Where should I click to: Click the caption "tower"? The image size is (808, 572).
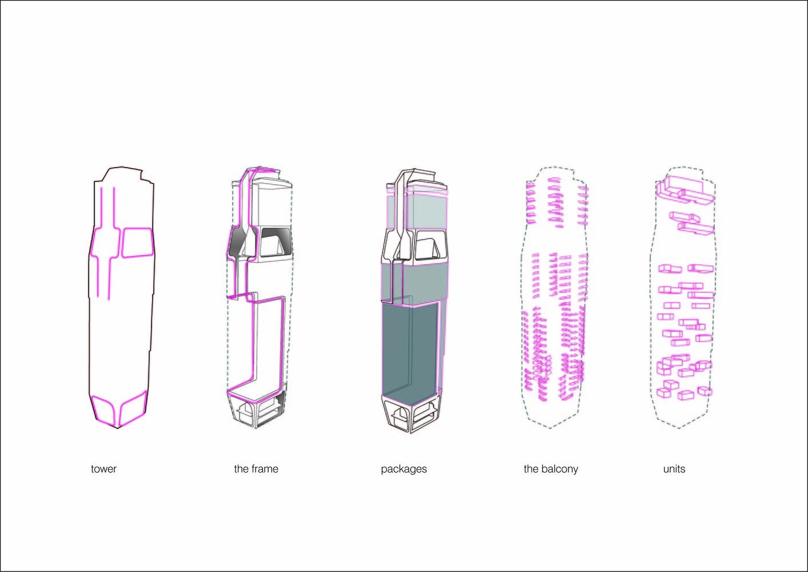tap(104, 469)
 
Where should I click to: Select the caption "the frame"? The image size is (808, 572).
tap(256, 469)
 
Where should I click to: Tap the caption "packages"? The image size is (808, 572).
tap(404, 470)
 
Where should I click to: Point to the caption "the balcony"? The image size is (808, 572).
tap(551, 469)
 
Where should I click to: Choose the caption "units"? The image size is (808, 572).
tap(674, 469)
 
